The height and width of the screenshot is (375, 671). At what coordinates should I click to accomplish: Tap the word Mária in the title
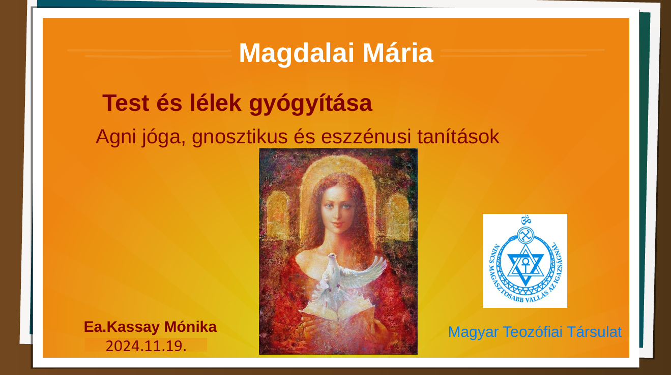point(398,53)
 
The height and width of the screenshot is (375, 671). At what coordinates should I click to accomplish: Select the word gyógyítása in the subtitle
point(311,104)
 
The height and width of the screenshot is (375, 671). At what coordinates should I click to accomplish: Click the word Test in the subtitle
point(126,103)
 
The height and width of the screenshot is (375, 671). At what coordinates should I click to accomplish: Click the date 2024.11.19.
point(146,346)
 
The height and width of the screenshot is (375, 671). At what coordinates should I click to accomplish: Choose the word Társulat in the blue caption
point(594,332)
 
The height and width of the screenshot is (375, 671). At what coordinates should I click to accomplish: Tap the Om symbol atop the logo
point(526,220)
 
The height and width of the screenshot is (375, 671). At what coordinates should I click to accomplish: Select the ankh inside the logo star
point(525,265)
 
